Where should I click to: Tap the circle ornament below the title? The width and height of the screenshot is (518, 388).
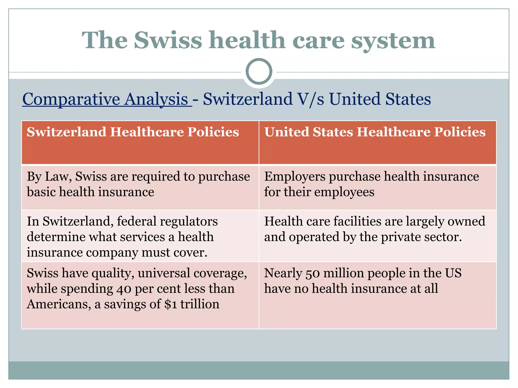coord(259,71)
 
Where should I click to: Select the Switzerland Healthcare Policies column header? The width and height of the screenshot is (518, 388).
coord(133,132)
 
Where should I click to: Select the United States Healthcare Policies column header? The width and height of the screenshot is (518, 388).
coord(375,132)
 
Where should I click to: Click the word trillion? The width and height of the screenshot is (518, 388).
coord(200,304)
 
